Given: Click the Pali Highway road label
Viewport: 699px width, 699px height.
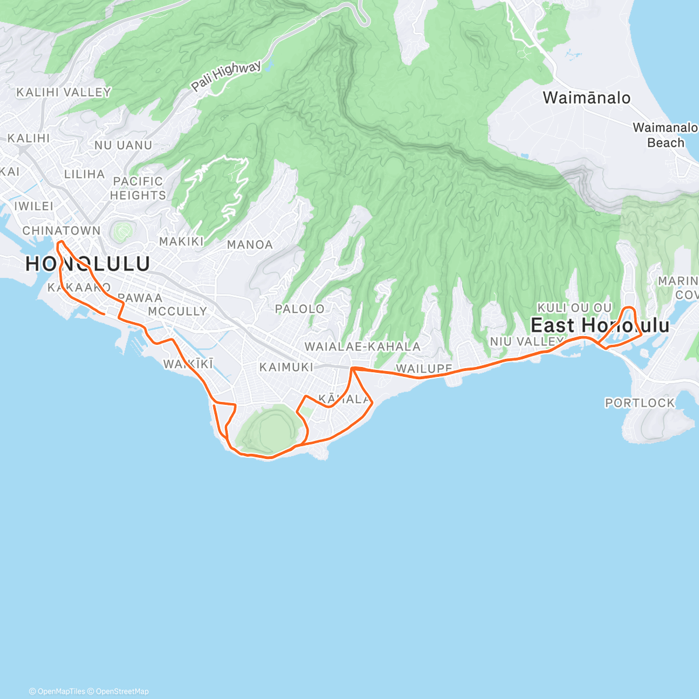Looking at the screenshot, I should pos(227,76).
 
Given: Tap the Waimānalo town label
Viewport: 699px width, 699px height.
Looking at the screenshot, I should pos(586,97).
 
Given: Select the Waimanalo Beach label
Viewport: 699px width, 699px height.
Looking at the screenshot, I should pos(665,135).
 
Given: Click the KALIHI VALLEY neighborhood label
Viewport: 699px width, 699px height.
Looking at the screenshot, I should pos(63,92).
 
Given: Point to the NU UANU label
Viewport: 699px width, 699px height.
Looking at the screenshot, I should pos(123,145).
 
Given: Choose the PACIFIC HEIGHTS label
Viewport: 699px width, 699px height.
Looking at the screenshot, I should pos(138,188).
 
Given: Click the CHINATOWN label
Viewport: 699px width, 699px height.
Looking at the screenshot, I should pos(61,231).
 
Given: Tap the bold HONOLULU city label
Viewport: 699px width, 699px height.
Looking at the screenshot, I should pos(87,264).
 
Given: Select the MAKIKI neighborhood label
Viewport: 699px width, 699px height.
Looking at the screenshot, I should pos(181,241).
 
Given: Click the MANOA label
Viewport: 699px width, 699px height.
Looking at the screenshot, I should pos(249,245).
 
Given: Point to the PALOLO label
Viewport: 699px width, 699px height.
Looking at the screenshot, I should pos(299,309).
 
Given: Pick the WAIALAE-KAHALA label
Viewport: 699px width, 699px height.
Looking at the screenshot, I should pos(362,347).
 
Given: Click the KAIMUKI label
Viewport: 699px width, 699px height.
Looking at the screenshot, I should pos(286,367).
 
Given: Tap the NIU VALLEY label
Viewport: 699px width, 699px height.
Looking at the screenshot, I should pos(526,341).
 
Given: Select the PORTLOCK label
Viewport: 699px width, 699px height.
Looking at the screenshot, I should pos(640,403).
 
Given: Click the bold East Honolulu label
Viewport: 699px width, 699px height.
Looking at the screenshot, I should pos(600,325).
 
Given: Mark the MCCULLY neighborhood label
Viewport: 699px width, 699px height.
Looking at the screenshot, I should pos(177,311).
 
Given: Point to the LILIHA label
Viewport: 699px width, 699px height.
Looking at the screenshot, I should pos(84,174).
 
